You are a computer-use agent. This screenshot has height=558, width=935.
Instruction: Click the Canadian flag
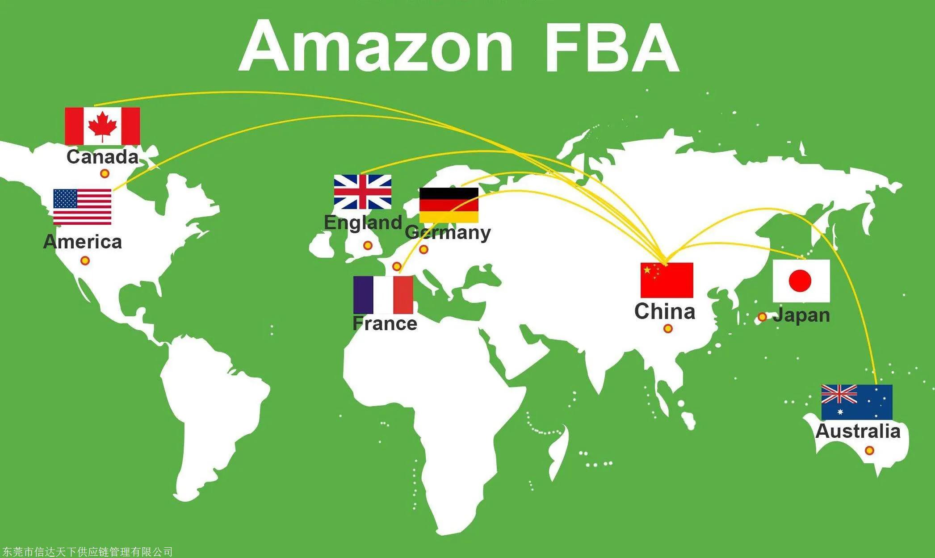(102, 126)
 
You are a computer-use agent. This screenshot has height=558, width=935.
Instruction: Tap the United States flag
(82, 206)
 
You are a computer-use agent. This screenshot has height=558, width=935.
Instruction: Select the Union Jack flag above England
(363, 192)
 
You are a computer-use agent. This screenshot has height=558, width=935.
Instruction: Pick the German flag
(449, 205)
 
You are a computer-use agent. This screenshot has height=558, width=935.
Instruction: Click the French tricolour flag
(383, 295)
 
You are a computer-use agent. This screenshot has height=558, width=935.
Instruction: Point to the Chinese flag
(667, 280)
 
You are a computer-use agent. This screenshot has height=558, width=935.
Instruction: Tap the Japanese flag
(801, 281)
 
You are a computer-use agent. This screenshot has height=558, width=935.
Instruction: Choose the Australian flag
(856, 402)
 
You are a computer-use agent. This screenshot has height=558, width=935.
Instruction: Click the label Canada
(102, 157)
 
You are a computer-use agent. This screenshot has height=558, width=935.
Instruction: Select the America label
(83, 242)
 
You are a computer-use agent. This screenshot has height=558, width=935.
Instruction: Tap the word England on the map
(363, 222)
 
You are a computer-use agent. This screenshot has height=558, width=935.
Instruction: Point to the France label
(385, 323)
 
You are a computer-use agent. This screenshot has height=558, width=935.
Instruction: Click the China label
(665, 311)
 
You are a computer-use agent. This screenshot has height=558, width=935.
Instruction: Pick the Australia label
(858, 431)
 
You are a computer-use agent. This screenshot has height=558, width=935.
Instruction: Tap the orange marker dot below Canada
(105, 173)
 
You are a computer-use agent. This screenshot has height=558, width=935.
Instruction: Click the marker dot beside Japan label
(762, 317)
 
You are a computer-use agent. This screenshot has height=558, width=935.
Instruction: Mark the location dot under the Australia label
(869, 450)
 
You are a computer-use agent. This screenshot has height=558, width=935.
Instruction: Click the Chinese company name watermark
(87, 552)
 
